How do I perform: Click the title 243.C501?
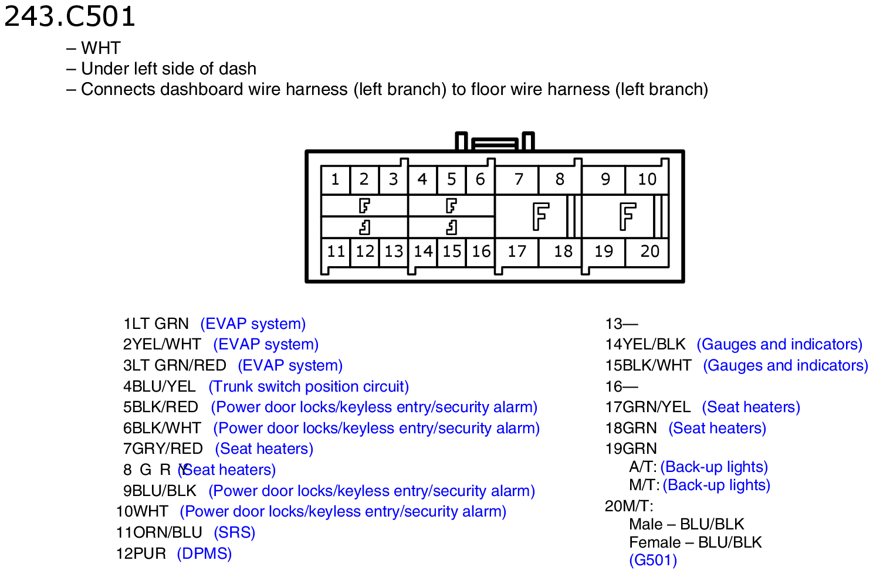coord(69,17)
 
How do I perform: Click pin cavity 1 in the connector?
coord(335,179)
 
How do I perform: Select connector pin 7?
coord(517,179)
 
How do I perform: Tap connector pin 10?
coord(647,179)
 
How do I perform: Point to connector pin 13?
coord(394,252)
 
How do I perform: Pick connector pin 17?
coord(517,252)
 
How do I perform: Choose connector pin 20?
coord(648,252)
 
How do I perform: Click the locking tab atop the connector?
coord(495,142)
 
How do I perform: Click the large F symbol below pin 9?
coord(628,216)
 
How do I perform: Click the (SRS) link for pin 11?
coord(235,532)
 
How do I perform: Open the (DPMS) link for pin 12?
coord(204,553)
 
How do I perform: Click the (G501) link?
coord(653,560)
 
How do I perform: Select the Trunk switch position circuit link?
coord(309,386)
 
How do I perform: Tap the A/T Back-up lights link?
coord(714,467)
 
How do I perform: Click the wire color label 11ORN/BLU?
coord(160,532)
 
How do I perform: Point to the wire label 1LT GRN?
coord(156,324)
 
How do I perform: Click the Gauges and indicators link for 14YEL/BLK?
coord(780,344)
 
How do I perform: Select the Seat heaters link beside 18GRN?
coord(717,428)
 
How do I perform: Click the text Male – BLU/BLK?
coord(686,524)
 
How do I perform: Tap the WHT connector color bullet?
coord(93,48)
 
